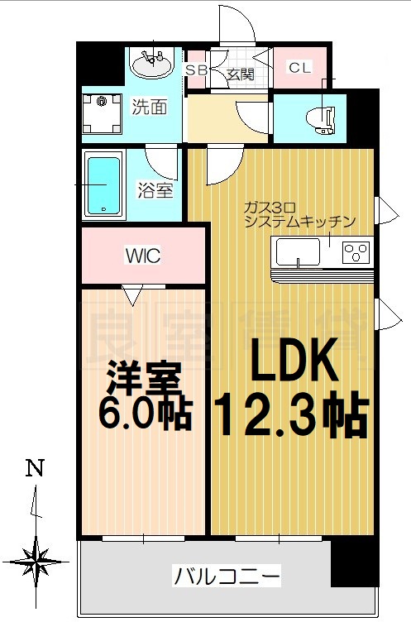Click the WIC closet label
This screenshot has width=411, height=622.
coord(142,256)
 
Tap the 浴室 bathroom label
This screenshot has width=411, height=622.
coord(154,190)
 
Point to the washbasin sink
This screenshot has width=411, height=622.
coord(151,65)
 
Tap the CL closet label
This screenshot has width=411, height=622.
coord(299,68)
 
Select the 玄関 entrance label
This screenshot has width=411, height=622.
coord(239,74)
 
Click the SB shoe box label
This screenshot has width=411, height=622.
coord(196,69)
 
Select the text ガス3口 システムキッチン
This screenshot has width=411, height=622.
coord(299,214)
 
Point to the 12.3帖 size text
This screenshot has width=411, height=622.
coord(290,414)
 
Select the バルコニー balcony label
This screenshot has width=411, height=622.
coord(227,575)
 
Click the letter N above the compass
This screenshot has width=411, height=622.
coord(34,469)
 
